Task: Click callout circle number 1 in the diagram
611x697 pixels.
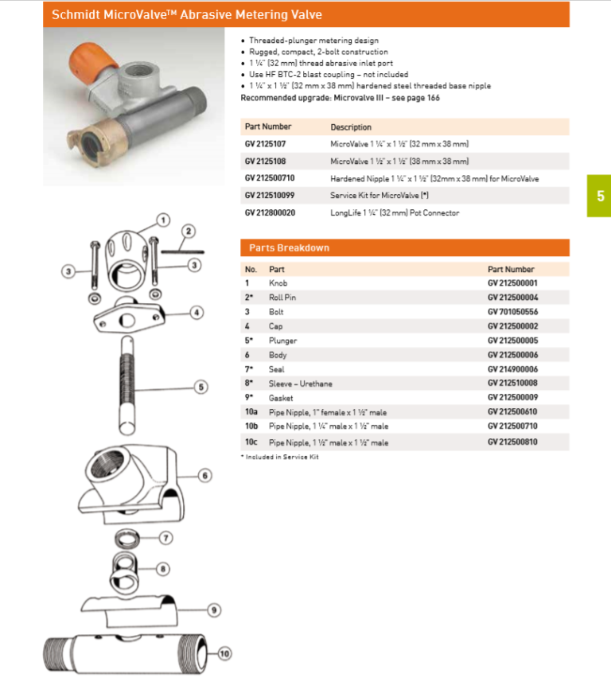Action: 162,219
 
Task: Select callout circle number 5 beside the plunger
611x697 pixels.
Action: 202,387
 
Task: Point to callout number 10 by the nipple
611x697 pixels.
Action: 224,654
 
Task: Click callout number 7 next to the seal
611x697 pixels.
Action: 165,538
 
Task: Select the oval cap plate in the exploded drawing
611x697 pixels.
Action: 126,318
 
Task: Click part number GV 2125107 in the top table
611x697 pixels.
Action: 265,144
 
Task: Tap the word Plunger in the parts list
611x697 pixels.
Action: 282,341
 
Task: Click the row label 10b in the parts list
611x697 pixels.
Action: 251,427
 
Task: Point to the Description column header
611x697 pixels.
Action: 351,127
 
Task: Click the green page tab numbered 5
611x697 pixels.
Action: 599,196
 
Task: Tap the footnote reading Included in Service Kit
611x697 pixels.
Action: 279,458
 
